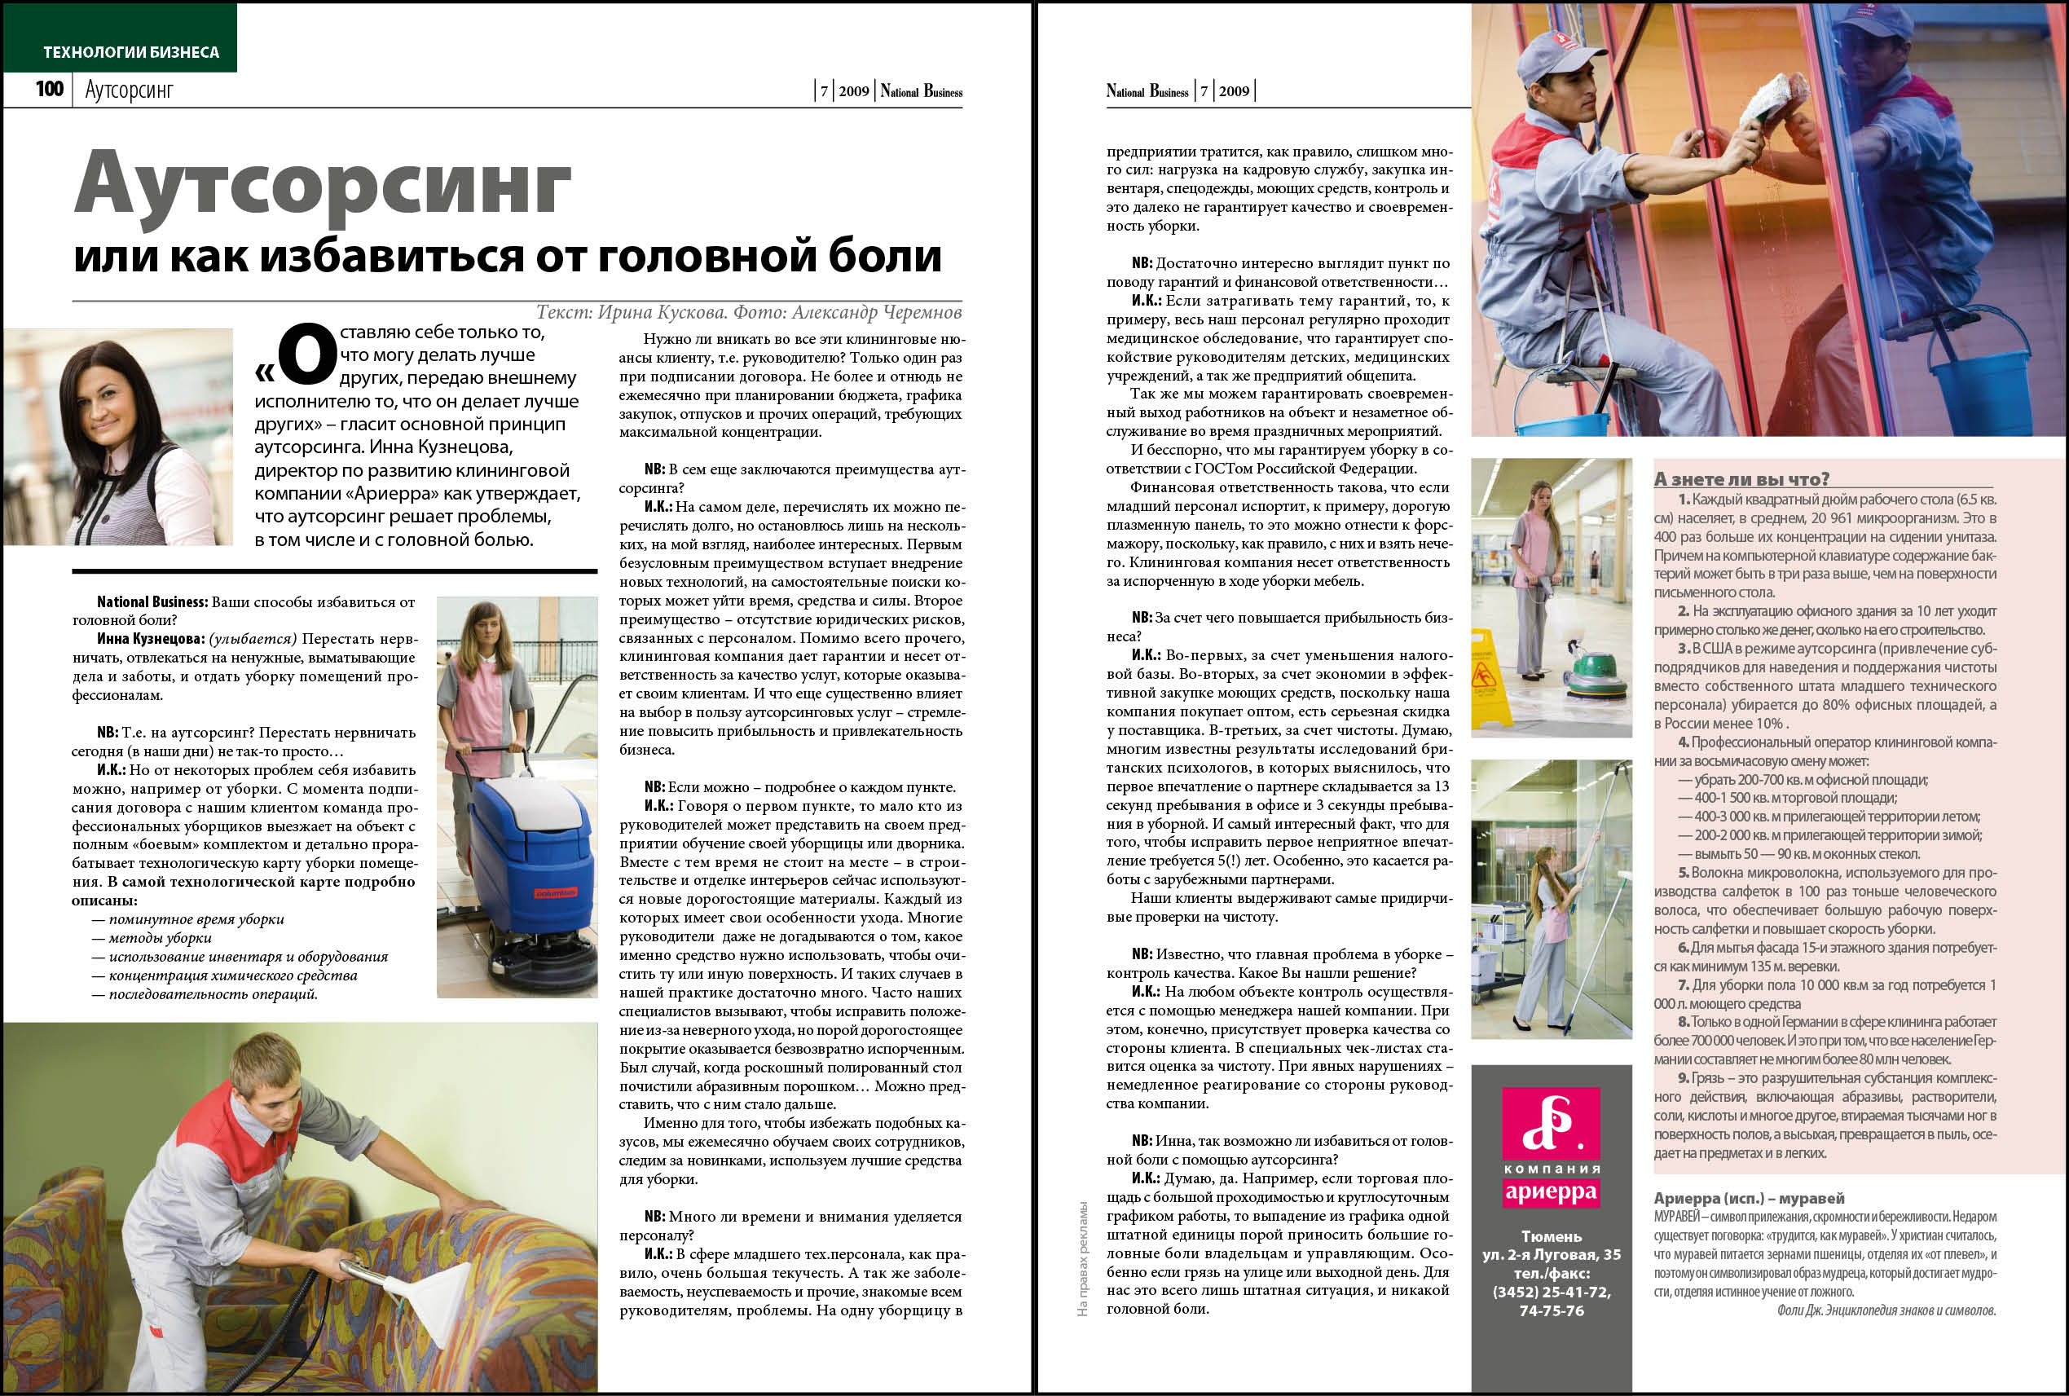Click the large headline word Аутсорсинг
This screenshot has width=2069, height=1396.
(x=321, y=185)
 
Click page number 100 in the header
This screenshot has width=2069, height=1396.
(x=49, y=89)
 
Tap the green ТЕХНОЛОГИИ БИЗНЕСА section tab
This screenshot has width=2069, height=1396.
(x=131, y=51)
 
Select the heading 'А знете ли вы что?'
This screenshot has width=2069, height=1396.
(x=1741, y=479)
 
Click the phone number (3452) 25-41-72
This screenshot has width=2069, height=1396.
(x=1551, y=1292)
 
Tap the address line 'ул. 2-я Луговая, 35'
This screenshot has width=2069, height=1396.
(x=1551, y=1254)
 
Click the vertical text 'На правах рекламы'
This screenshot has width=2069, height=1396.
(x=1082, y=1259)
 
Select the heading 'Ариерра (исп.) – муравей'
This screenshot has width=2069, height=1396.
(x=1749, y=1198)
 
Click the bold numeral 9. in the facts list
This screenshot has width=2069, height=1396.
(x=1684, y=1078)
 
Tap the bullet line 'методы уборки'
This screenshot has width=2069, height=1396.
(x=161, y=937)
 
